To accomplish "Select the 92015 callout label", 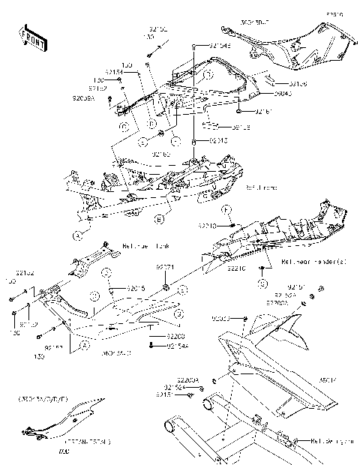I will pos(136,287).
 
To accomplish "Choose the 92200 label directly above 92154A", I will pos(175,337).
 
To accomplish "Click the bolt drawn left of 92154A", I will pos(154,345).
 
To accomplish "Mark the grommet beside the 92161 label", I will pos(238,112).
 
